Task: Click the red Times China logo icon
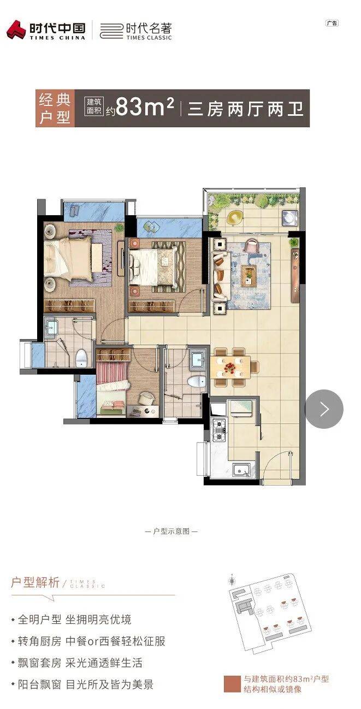point(16,29)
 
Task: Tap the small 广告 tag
point(332,23)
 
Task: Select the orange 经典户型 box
point(55,108)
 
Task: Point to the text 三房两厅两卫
point(246,109)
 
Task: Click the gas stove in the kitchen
point(218,430)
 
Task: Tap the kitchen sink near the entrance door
point(241,470)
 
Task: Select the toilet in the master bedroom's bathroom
point(81,357)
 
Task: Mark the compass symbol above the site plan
point(233,580)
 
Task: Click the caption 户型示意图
point(171,531)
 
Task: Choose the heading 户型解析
point(35,582)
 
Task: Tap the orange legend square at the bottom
point(232,684)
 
